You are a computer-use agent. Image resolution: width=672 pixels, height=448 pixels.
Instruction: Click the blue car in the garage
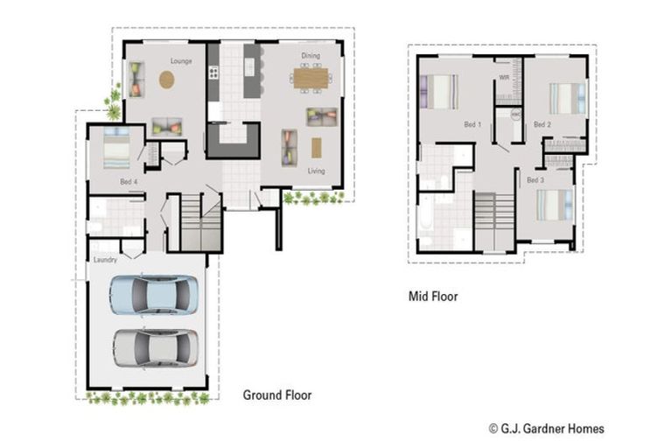(153, 294)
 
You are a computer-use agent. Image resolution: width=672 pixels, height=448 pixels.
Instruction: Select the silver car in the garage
(156, 347)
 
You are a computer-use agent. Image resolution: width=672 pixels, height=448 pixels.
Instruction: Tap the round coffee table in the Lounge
(166, 80)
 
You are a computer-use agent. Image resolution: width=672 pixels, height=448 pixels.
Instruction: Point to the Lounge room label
(181, 61)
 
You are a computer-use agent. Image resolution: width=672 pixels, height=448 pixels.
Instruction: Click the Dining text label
(311, 56)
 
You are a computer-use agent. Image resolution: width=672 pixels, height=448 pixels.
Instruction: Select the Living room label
(316, 171)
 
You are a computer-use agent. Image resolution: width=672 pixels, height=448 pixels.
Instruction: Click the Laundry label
(104, 260)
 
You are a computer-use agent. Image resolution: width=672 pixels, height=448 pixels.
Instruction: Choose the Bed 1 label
(472, 125)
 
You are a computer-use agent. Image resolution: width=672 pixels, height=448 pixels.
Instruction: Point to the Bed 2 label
(542, 125)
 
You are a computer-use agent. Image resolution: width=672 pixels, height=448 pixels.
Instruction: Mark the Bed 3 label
(535, 180)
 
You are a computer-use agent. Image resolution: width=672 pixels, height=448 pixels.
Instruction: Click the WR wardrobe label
(504, 78)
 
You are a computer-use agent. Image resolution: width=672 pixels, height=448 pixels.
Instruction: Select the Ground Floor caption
(276, 395)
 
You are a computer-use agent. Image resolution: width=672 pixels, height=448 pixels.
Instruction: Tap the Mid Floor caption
(433, 297)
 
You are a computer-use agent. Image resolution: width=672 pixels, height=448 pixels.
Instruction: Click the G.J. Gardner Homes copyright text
(546, 429)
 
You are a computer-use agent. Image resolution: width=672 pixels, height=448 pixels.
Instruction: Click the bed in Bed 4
(116, 148)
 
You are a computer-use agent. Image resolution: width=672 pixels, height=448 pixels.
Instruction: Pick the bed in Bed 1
(439, 91)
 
